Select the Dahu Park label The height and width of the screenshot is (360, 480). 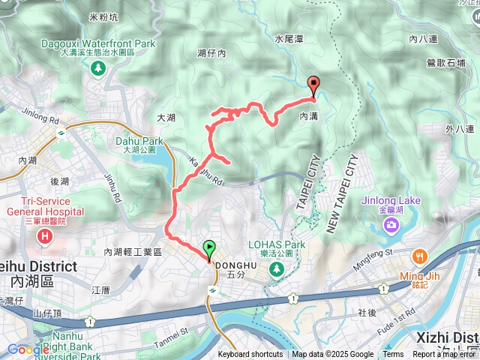139,140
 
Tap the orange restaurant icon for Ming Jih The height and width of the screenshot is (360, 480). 418,256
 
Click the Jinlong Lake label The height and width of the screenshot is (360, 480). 390,201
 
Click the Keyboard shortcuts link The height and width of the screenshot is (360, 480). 250,355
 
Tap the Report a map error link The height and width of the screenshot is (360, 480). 445,355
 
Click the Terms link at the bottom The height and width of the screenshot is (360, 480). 393,355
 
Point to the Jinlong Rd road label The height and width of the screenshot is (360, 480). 40,118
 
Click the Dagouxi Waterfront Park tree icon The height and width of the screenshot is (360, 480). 97,67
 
